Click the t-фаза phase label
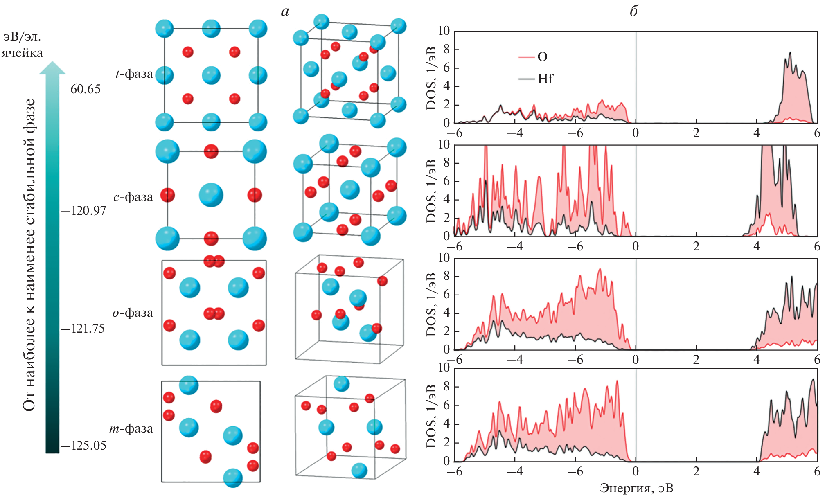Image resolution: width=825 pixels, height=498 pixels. tap(134, 74)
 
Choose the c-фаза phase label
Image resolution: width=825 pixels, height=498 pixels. tap(133, 197)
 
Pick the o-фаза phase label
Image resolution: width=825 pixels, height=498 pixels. tap(133, 313)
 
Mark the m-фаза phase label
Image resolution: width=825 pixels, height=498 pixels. tap(131, 428)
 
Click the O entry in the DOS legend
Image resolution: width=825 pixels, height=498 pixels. tap(542, 57)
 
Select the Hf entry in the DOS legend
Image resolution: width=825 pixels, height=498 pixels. tap(545, 79)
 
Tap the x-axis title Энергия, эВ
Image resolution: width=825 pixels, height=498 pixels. tap(636, 488)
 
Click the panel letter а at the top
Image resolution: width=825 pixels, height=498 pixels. tap(285, 11)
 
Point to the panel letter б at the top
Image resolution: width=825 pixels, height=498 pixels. tap(634, 11)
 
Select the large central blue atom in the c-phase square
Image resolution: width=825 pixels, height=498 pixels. tap(211, 195)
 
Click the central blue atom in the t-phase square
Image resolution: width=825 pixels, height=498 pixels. tap(211, 75)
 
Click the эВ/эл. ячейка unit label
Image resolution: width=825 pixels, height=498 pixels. tap(22, 45)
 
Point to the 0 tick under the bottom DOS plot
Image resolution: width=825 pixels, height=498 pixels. tap(635, 471)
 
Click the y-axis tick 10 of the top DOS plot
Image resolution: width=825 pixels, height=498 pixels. tap(444, 31)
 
